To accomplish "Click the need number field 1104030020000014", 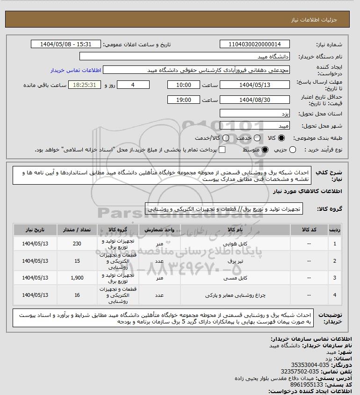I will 255,44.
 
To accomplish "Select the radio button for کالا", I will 281,138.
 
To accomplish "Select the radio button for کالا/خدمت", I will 226,138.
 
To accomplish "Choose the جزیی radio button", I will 293,150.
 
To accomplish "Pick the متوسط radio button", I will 265,150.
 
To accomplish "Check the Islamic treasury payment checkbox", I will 222,150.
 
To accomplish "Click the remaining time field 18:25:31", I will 85,85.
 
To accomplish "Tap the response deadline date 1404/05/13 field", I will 255,85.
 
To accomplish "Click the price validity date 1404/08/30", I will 255,100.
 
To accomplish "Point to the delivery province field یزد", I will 255,114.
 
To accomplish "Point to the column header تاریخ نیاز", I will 36,230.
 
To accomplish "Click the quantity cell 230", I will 78,244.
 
